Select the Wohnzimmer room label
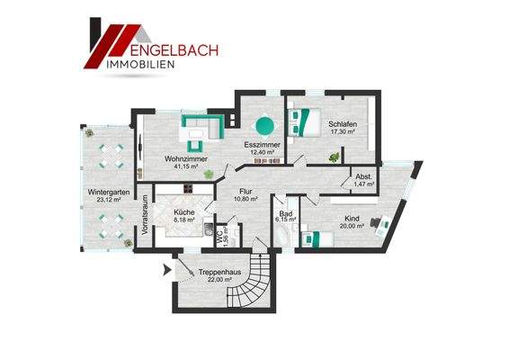(x=186, y=159)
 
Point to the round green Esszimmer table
(x=264, y=126)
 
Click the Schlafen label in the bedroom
(x=343, y=124)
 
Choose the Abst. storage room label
(x=363, y=176)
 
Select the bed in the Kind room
(x=314, y=238)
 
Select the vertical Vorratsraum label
(x=143, y=217)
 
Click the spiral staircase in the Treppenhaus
(x=255, y=279)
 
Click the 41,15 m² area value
(x=186, y=167)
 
